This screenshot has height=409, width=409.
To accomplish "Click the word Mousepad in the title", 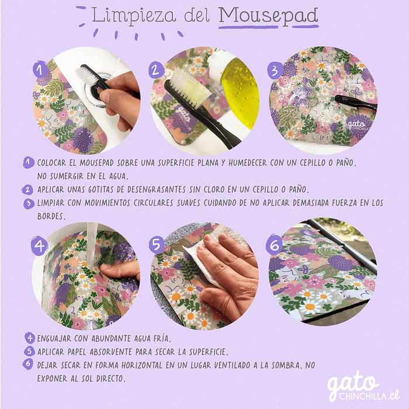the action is pos(268,16).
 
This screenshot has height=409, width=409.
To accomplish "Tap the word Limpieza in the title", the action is pos(134,16).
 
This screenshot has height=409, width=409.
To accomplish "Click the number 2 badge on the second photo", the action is pos(155,71).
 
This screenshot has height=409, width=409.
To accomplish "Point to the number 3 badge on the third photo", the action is pos(275,71).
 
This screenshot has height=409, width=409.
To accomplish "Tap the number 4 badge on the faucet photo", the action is pos(39,245).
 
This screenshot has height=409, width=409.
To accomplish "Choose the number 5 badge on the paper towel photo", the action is pos(156,245).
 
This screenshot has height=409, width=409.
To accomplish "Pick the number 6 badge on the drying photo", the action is pos(274,245).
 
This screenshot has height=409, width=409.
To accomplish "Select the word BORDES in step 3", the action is pos(51,216).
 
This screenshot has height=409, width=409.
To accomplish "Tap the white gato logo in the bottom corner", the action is pos(363,386).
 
